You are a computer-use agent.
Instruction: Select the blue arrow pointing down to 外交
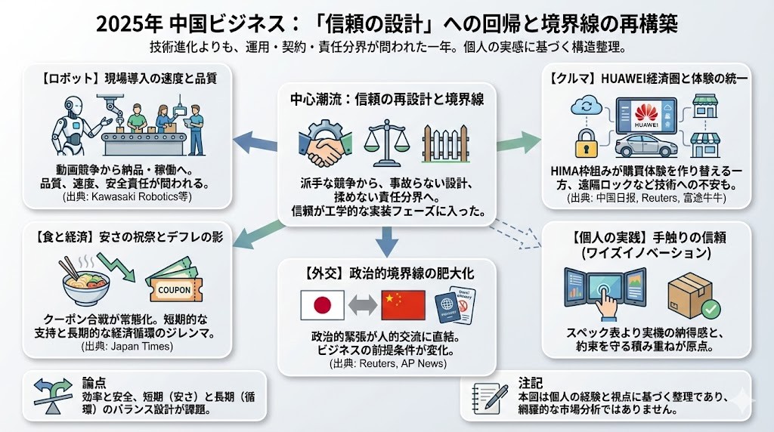coord(386,241)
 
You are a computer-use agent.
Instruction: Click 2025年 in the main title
coord(125,23)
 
